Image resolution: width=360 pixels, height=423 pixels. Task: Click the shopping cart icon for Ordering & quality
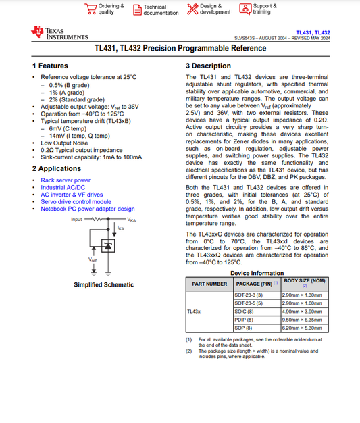coord(91,8)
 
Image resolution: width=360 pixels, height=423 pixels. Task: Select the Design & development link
coord(215,9)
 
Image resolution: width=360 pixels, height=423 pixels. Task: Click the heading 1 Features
coord(51,66)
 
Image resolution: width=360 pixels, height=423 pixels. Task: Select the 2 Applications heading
coord(57,168)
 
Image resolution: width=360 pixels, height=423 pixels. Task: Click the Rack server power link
coord(66,180)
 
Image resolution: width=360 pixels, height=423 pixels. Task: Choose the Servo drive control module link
coord(76,201)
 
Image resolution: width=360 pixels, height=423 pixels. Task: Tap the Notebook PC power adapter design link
coord(88,209)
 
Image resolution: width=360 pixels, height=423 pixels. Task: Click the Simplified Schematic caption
coord(103,284)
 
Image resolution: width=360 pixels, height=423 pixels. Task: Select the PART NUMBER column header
coord(209,284)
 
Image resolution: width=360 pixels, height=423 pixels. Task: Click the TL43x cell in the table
coord(195,312)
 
